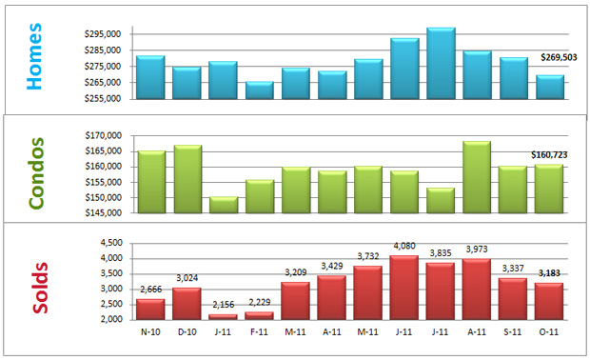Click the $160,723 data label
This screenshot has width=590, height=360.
coord(551,153)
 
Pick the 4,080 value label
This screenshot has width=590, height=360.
coord(404,247)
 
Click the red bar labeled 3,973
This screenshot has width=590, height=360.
coord(478,290)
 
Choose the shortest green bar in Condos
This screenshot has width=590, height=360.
coord(223,205)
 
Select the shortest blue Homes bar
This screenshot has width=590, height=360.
coord(259,90)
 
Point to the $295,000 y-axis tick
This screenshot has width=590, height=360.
coord(102,35)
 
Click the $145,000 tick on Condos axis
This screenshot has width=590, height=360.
coord(102,213)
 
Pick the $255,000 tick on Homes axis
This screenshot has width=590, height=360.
coord(102,97)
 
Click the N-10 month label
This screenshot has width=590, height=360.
coord(150,331)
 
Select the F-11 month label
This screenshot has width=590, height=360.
coord(259,331)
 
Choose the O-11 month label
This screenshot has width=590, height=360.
coord(550,331)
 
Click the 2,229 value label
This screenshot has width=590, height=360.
coord(259,304)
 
